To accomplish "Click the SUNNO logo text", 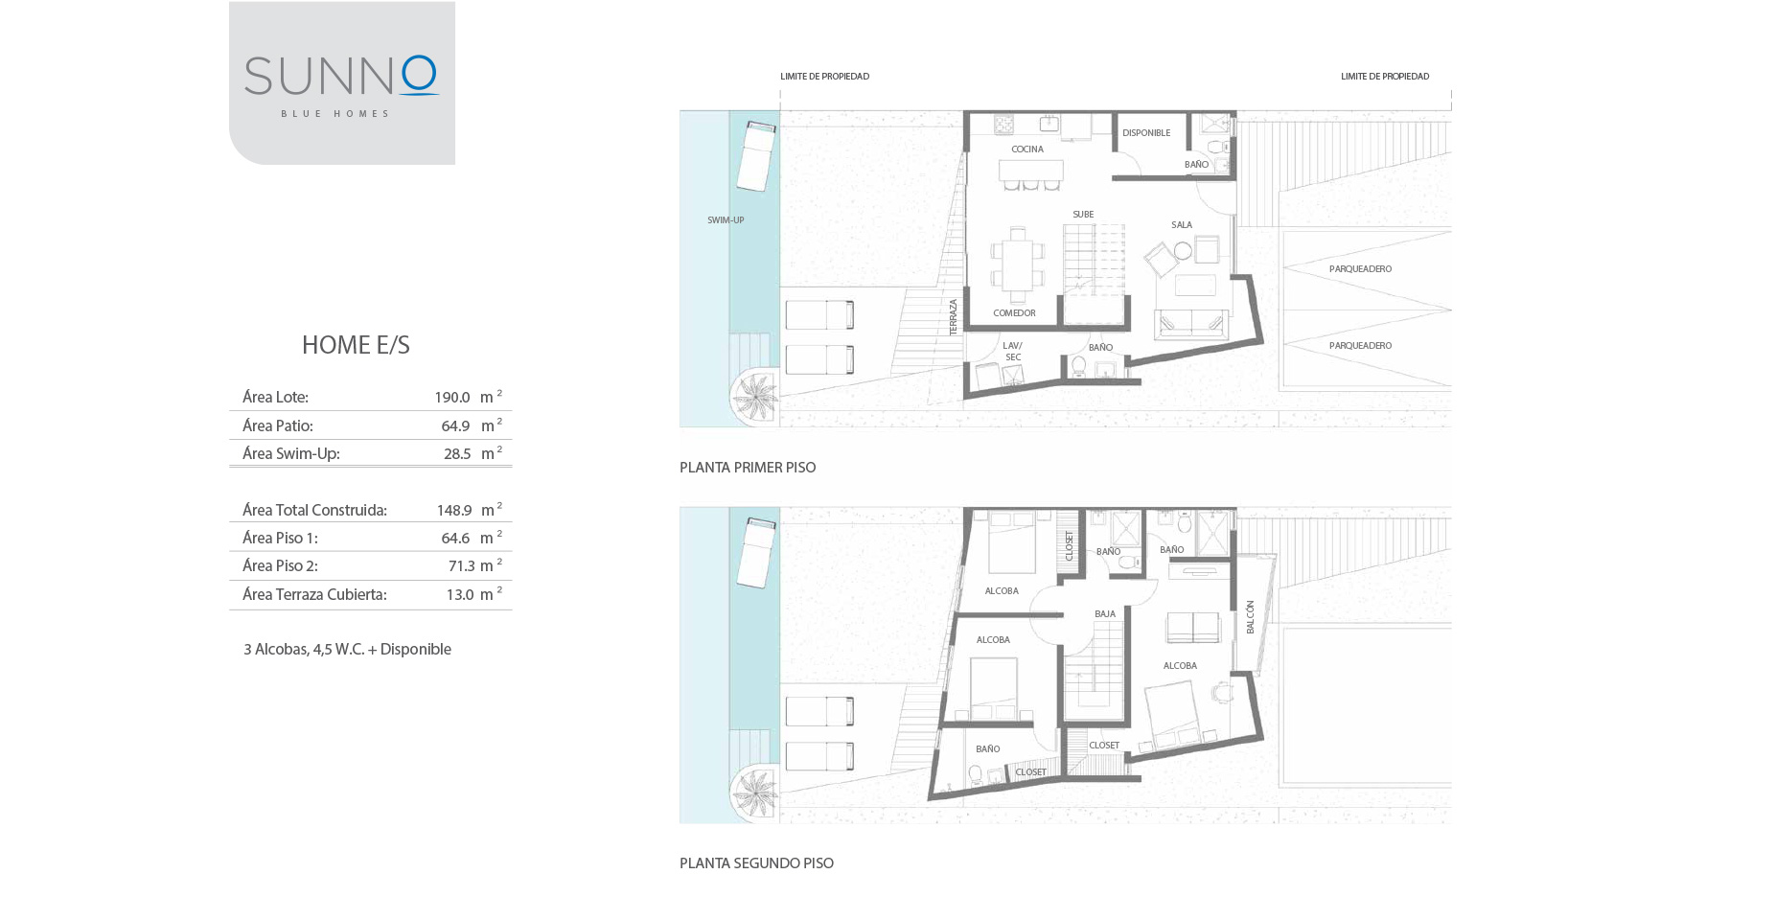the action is click(x=341, y=76).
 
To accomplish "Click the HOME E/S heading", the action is click(x=356, y=345).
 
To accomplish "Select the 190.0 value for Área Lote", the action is click(x=452, y=398).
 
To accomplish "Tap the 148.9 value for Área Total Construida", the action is click(x=454, y=511).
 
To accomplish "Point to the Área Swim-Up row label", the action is click(x=291, y=454).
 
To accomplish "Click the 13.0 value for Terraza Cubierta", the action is click(x=460, y=595).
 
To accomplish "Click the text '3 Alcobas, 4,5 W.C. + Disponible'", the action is click(x=347, y=650).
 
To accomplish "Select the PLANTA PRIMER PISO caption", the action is click(x=748, y=468).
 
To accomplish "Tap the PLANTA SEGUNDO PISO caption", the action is click(x=756, y=863).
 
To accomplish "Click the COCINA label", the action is click(x=1027, y=149).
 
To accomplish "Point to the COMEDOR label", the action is click(x=1014, y=313).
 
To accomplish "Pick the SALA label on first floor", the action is click(x=1182, y=225).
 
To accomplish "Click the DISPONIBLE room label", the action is click(x=1146, y=133).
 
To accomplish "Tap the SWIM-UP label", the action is click(x=726, y=220).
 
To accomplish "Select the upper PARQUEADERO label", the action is click(x=1360, y=269).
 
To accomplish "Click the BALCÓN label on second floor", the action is click(x=1250, y=617).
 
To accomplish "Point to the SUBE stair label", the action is click(x=1083, y=215).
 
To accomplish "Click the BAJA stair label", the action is click(x=1105, y=614).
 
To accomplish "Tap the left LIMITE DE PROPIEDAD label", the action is click(x=824, y=77).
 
